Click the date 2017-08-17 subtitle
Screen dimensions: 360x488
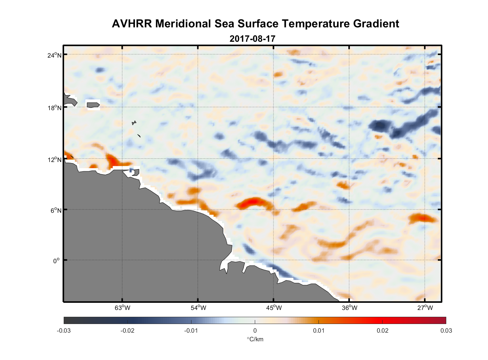(x=252, y=39)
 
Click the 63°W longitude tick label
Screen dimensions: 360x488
(x=122, y=308)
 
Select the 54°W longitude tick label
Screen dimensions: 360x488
(x=198, y=308)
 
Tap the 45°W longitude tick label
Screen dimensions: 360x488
(x=274, y=308)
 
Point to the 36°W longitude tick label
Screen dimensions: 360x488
(x=349, y=308)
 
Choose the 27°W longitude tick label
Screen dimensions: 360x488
(x=425, y=308)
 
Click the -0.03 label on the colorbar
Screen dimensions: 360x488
(x=64, y=331)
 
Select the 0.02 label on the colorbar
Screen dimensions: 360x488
(x=383, y=331)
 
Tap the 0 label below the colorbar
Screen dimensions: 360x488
(x=255, y=331)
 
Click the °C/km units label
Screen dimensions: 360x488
(x=255, y=339)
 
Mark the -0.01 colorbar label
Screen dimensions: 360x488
(x=191, y=331)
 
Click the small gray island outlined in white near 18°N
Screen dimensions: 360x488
(x=93, y=105)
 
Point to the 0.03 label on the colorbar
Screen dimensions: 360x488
(x=446, y=331)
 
